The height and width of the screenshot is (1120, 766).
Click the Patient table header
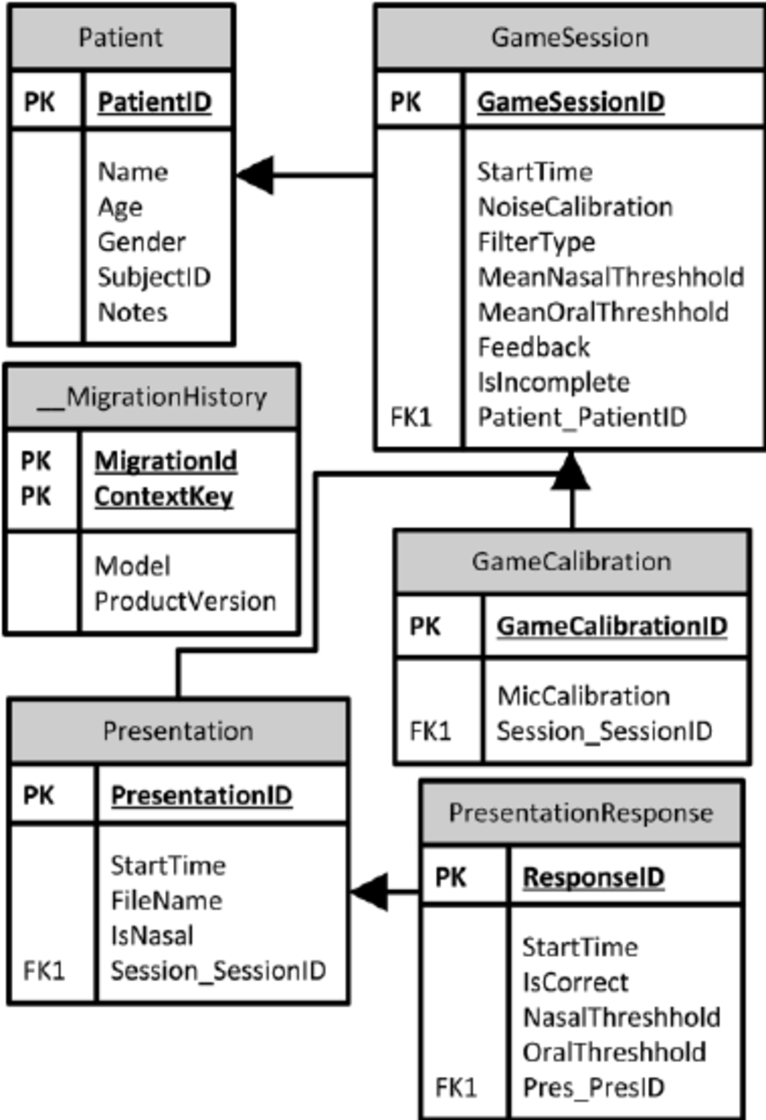tap(121, 38)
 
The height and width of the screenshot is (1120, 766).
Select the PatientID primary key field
tap(154, 101)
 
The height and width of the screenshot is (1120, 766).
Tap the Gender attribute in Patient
tap(141, 242)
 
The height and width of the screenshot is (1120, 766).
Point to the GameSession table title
tap(570, 37)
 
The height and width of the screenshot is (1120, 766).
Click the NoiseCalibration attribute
tap(575, 207)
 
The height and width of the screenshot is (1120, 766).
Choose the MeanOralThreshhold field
tap(603, 312)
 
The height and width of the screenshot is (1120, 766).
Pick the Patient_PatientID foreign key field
tap(581, 417)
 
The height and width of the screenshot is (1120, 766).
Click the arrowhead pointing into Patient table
tap(253, 174)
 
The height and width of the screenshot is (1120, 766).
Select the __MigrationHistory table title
tap(152, 396)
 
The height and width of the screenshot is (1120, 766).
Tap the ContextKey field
tap(164, 497)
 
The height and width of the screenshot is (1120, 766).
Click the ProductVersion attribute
tap(185, 601)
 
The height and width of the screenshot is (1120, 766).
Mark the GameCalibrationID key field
tap(612, 626)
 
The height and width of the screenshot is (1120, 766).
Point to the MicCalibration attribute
tap(583, 695)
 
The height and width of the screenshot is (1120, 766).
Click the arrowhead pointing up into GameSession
tap(570, 470)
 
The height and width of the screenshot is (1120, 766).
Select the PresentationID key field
tap(201, 795)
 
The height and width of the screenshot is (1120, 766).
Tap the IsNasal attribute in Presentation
tap(151, 935)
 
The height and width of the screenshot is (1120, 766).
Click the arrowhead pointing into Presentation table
tap(368, 893)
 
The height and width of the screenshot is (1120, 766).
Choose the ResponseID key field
tap(594, 877)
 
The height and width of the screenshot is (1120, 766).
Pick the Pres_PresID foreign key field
tap(593, 1087)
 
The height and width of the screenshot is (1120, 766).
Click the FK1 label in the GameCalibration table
tap(429, 730)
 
